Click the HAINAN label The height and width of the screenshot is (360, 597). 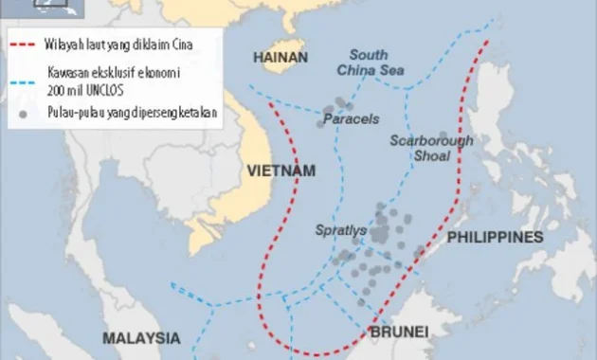(280, 58)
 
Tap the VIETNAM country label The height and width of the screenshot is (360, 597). (279, 171)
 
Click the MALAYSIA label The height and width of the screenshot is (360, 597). (142, 338)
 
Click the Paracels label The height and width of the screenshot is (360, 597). (351, 119)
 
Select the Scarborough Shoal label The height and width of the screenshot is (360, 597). (430, 149)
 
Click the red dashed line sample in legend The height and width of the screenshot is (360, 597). (25, 44)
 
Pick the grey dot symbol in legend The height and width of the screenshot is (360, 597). (25, 112)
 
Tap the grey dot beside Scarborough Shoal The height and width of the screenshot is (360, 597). (443, 136)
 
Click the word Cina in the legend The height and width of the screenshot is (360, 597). (197, 44)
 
